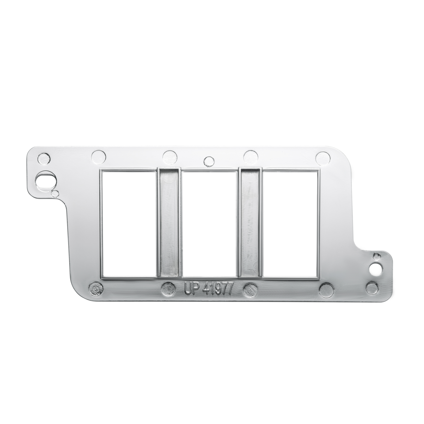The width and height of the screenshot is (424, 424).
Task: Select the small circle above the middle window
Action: (209, 161)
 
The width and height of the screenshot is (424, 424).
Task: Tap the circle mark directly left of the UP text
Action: (168, 289)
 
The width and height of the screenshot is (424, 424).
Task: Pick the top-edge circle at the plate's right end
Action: (322, 157)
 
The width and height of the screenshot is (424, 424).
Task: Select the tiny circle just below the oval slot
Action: (55, 193)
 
